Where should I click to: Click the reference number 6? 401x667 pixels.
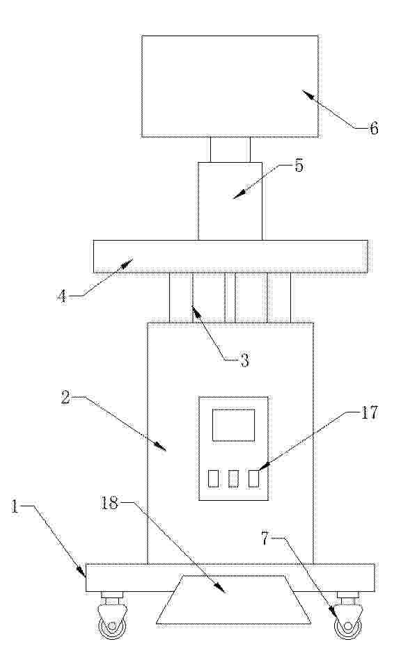(x=373, y=128)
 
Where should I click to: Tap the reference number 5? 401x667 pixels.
(x=299, y=166)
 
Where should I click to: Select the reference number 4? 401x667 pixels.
(x=62, y=296)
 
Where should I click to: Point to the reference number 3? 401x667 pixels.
(x=244, y=361)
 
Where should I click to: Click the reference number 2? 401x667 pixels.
(x=65, y=397)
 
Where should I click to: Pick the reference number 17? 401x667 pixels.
(x=369, y=412)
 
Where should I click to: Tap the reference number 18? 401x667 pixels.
(x=109, y=503)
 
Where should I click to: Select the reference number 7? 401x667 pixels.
(x=265, y=539)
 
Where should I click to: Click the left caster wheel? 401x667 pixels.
(x=112, y=627)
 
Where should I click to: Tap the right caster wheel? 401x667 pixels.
(x=348, y=627)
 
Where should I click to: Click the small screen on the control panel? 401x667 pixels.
(x=233, y=425)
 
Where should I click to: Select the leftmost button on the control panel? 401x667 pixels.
(x=213, y=479)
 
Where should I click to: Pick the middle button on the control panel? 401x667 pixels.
(x=233, y=479)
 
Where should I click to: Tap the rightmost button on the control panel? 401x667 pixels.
(x=253, y=479)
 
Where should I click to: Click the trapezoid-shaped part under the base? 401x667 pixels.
(x=233, y=600)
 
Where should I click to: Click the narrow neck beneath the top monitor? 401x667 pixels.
(x=230, y=150)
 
